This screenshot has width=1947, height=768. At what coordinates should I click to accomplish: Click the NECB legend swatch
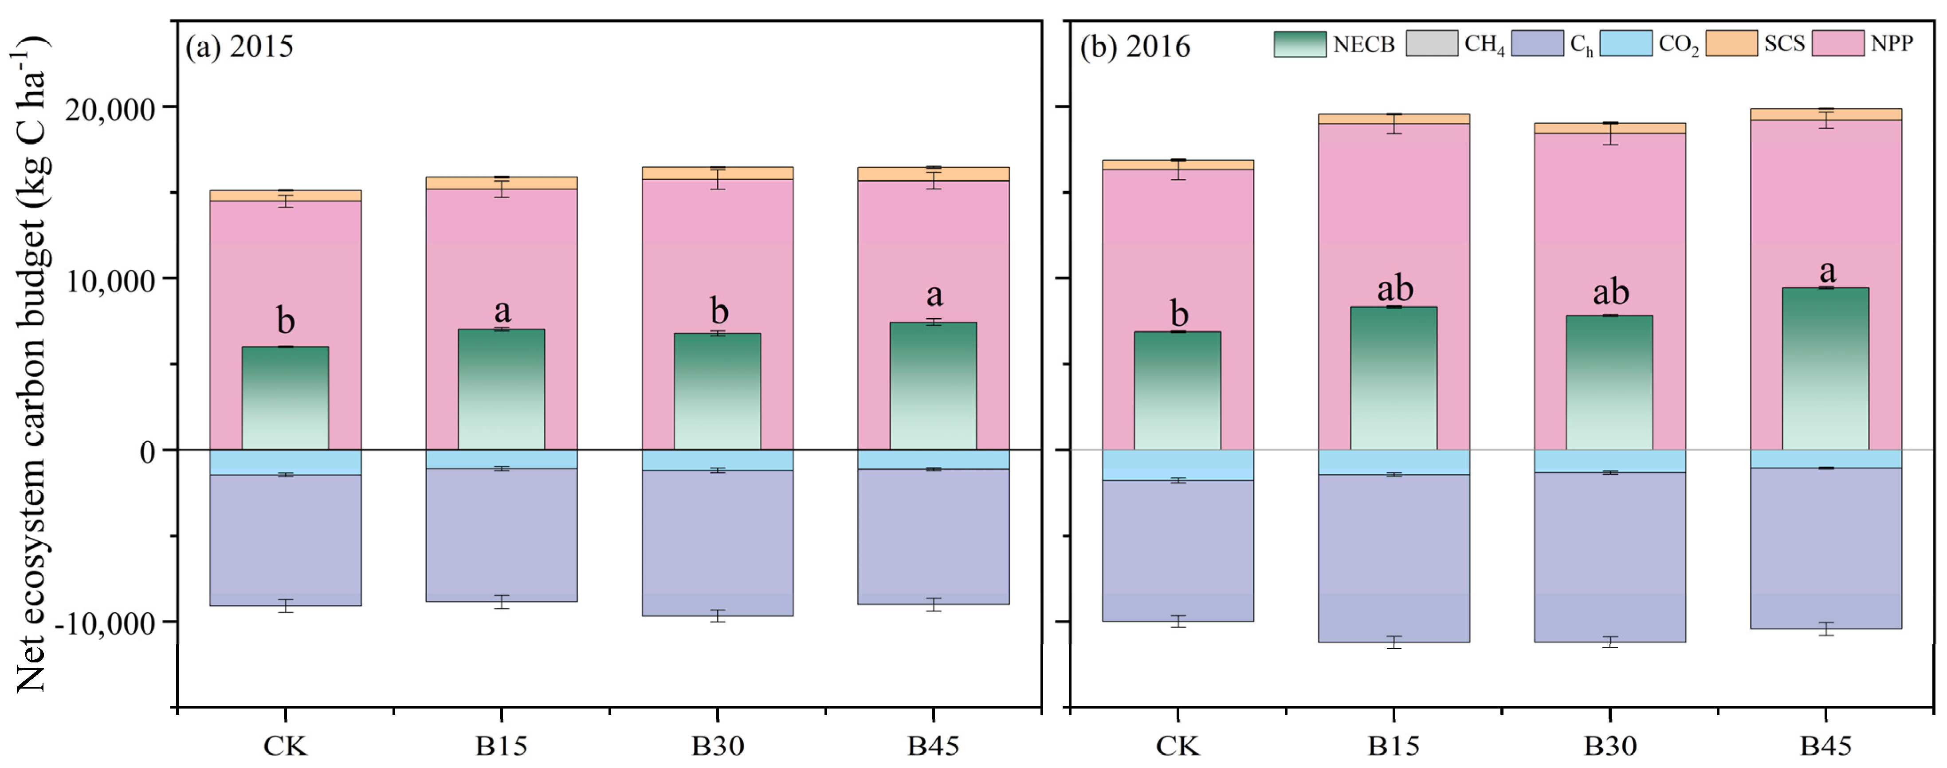(x=1299, y=44)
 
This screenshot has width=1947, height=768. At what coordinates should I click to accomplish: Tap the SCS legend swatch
(x=1731, y=44)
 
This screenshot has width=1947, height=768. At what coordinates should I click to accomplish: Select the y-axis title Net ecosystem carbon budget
(x=30, y=363)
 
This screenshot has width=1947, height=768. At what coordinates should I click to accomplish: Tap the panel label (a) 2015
(x=239, y=47)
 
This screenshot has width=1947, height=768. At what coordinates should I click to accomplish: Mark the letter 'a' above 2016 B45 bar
(x=1827, y=271)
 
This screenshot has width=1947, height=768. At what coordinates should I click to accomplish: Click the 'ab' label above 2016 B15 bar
(x=1394, y=289)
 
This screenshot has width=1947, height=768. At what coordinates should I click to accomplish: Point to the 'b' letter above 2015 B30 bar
(x=719, y=311)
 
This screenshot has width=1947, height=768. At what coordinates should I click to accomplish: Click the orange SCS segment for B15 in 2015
(x=501, y=183)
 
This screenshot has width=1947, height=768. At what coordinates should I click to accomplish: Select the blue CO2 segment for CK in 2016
(x=1178, y=465)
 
